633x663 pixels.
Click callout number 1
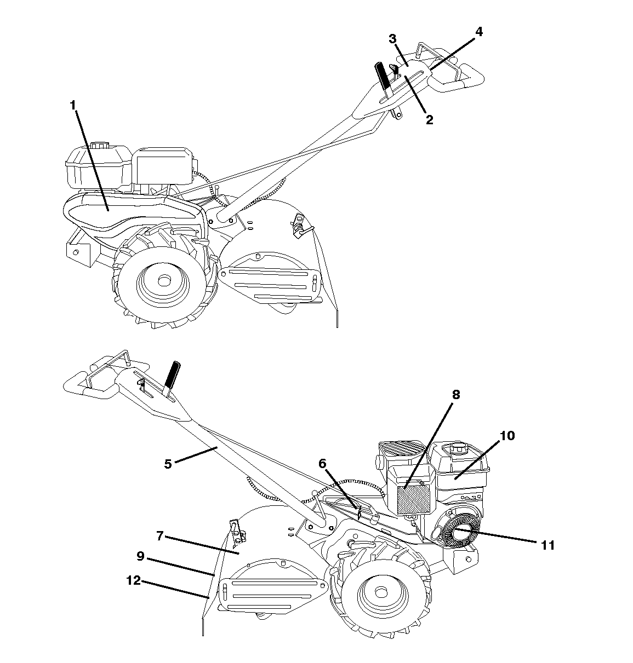click(72, 106)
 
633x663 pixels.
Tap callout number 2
click(429, 119)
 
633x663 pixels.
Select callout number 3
click(392, 39)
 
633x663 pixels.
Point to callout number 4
click(478, 32)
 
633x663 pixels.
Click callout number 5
click(168, 464)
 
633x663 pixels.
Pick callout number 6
click(322, 464)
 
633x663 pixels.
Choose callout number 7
click(160, 536)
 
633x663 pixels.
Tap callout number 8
click(456, 395)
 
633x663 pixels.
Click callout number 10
click(507, 436)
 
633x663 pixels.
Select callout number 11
click(548, 545)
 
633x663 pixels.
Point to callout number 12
click(133, 580)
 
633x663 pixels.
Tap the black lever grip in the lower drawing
click(172, 374)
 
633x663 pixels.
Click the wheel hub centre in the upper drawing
click(164, 280)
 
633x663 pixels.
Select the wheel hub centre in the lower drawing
click(381, 592)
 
